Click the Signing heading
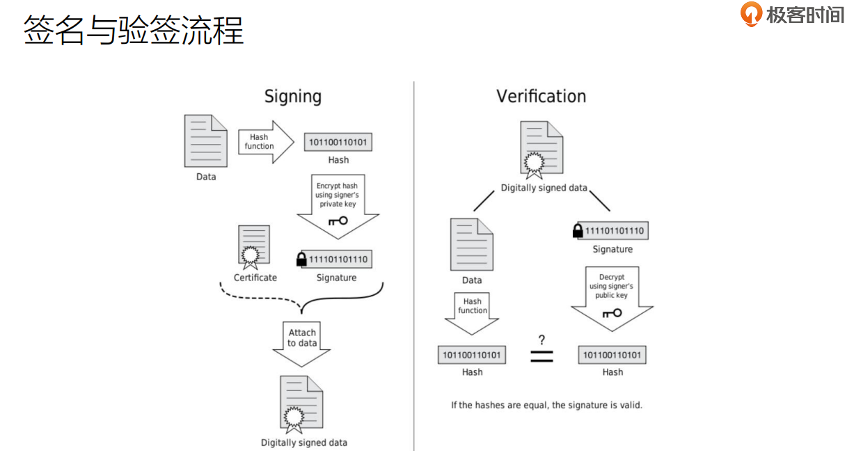292,96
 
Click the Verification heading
541,96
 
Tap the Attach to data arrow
301,342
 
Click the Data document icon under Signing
206,141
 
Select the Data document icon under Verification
472,244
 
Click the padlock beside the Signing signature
301,260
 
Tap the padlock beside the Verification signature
578,231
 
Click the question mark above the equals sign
541,340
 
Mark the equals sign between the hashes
541,356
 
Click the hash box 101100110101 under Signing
338,143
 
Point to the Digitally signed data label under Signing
303,442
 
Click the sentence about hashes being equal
546,404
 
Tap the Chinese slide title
134,31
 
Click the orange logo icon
751,15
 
